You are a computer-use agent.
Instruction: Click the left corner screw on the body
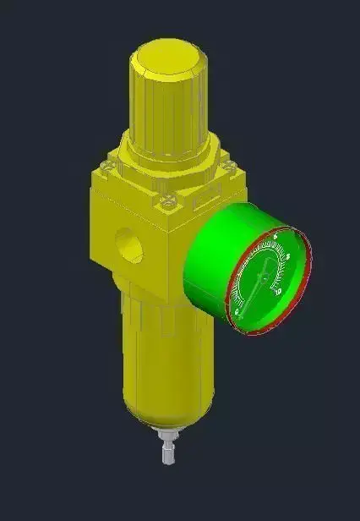click(106, 166)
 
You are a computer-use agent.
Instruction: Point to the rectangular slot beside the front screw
click(204, 203)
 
